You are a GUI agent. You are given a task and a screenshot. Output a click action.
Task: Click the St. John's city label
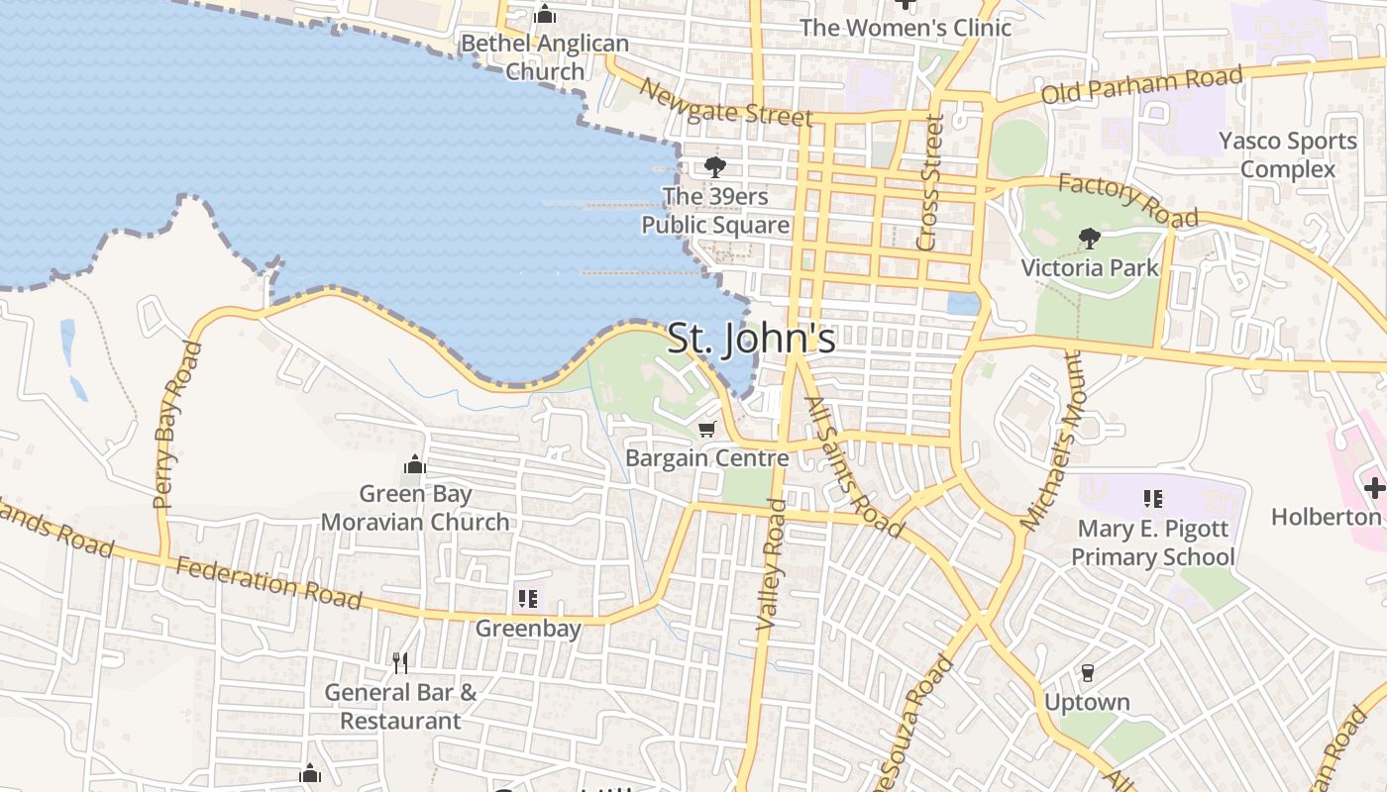coord(751,339)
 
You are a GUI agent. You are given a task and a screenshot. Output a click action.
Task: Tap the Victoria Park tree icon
coord(1089,238)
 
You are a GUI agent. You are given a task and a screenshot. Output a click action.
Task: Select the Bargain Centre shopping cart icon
coord(706,429)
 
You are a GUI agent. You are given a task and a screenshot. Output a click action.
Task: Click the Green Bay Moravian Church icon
coord(414,464)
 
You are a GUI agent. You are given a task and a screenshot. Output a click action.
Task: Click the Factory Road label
coord(1127,200)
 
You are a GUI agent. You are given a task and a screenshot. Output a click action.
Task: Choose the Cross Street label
coord(928,183)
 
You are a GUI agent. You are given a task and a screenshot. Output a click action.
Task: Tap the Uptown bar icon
coord(1087,673)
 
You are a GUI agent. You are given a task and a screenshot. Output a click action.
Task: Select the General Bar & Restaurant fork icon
coord(400,662)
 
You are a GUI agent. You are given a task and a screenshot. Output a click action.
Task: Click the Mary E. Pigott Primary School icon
coord(1152,499)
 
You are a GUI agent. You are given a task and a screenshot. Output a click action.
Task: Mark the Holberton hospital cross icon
coord(1374,487)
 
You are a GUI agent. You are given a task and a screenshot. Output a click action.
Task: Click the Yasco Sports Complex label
coord(1287,155)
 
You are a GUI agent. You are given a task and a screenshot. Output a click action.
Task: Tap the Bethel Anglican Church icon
coord(544,15)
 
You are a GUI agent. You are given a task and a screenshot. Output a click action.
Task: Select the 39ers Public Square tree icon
coord(714,167)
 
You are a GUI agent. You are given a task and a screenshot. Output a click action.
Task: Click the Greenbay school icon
coord(528,598)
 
